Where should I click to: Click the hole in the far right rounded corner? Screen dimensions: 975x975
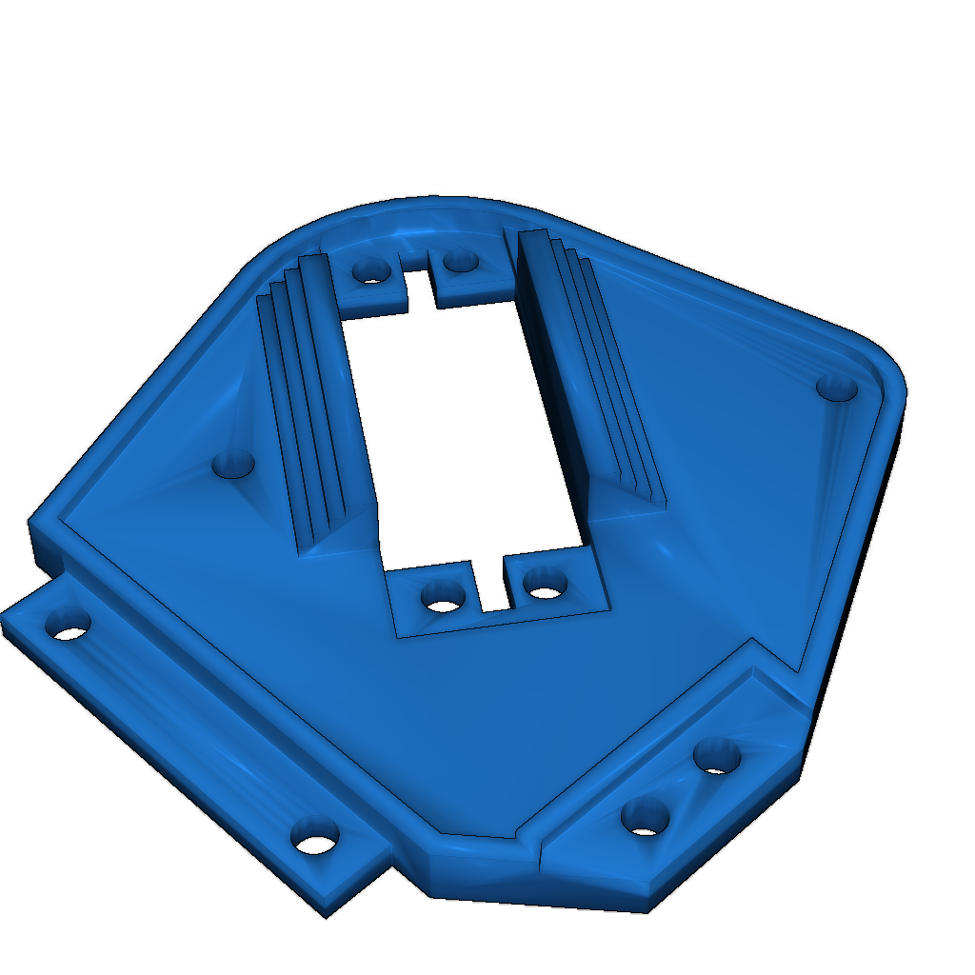(837, 388)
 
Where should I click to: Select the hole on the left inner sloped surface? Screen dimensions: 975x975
(232, 465)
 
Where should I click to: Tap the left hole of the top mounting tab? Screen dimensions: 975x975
(370, 271)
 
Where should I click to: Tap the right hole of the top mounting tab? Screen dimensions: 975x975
(460, 259)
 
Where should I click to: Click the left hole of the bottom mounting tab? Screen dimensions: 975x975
(442, 599)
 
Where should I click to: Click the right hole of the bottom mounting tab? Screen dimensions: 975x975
(545, 585)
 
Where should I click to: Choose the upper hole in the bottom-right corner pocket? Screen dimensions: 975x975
(717, 756)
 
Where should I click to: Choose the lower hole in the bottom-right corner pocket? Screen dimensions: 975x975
(645, 817)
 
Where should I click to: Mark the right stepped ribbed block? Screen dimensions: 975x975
(590, 371)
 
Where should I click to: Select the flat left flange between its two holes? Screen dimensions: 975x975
(190, 733)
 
